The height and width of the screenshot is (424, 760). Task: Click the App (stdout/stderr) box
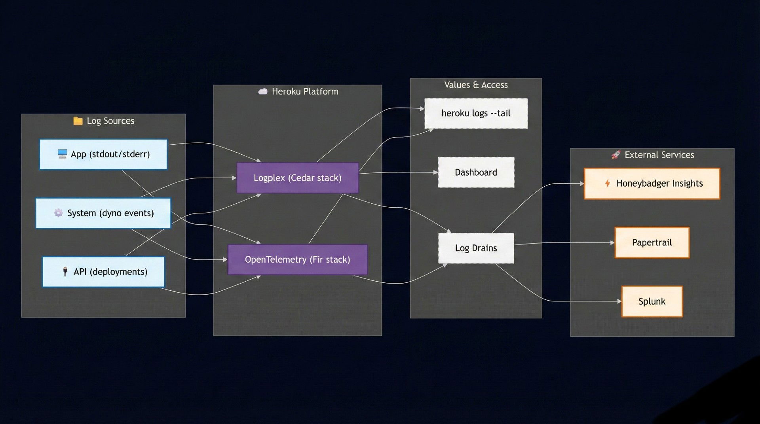(x=103, y=154)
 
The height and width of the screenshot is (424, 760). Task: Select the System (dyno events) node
(x=103, y=213)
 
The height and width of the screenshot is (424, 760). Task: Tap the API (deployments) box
(x=103, y=272)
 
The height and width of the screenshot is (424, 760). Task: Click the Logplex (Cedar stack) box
(x=298, y=178)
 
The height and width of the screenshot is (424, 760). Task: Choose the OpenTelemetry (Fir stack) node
(x=298, y=259)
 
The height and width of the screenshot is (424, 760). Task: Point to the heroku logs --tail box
(x=476, y=114)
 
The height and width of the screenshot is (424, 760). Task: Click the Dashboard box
(x=476, y=172)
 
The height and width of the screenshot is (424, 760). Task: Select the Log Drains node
(x=476, y=248)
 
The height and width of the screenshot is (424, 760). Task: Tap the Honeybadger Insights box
(x=652, y=184)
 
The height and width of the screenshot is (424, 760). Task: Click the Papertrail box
(x=652, y=242)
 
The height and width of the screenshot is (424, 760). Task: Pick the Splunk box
(x=652, y=301)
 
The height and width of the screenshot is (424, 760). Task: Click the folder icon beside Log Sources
(x=78, y=121)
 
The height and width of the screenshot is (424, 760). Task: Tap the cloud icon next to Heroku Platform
(x=263, y=91)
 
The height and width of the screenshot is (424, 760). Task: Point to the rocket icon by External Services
(x=616, y=155)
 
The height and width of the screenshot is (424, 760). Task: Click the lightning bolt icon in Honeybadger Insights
(x=607, y=183)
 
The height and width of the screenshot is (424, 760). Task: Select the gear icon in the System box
(x=58, y=213)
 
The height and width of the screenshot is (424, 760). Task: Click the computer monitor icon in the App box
(x=62, y=154)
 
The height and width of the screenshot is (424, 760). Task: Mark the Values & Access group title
(x=476, y=85)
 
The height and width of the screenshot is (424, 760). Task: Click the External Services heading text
(x=659, y=155)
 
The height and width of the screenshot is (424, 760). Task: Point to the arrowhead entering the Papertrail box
(x=612, y=242)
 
